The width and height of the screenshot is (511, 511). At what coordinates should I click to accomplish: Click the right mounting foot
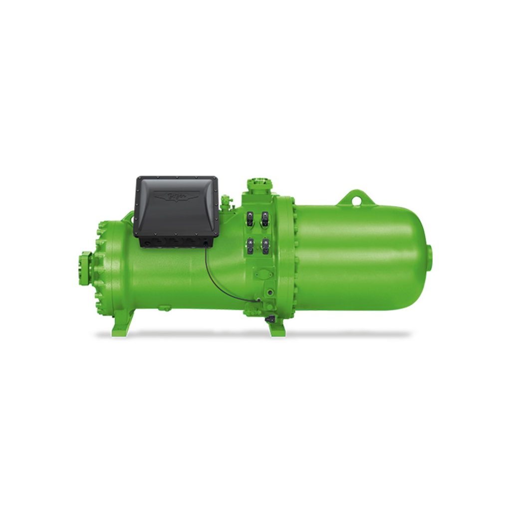[276, 327]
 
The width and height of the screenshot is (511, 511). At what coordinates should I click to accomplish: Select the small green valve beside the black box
[227, 202]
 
